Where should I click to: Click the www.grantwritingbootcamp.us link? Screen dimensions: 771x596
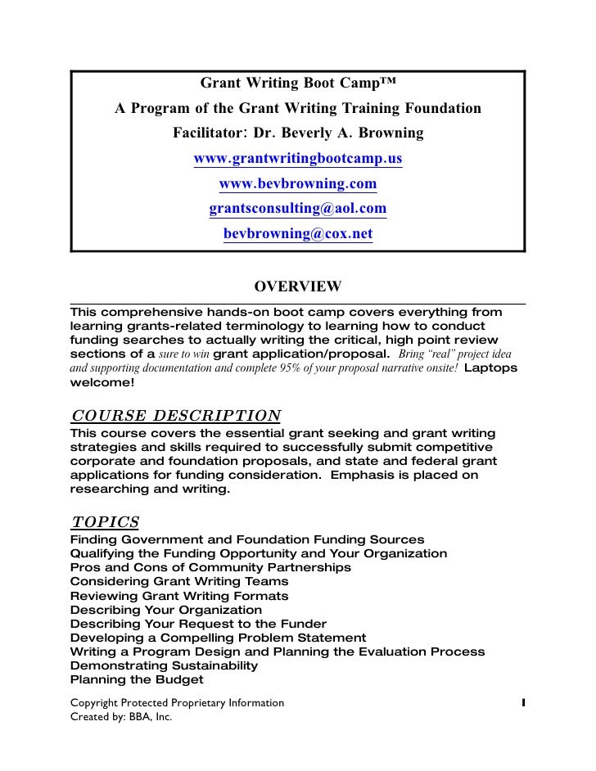coord(298,158)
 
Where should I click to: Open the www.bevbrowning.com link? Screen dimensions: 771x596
coord(298,183)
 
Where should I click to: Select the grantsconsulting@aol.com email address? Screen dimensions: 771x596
coord(298,209)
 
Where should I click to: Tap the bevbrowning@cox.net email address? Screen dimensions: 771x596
coord(298,234)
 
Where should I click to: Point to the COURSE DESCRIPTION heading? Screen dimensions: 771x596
coord(177,415)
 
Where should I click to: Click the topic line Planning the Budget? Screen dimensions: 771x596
coord(137,679)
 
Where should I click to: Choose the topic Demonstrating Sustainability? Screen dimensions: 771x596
coord(165,665)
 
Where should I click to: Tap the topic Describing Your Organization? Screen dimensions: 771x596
coord(166,610)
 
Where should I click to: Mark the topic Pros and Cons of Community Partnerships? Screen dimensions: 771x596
coord(211,567)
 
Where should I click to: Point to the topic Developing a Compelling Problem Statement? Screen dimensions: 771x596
coord(219,638)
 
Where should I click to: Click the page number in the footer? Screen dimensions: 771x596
coord(521,703)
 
